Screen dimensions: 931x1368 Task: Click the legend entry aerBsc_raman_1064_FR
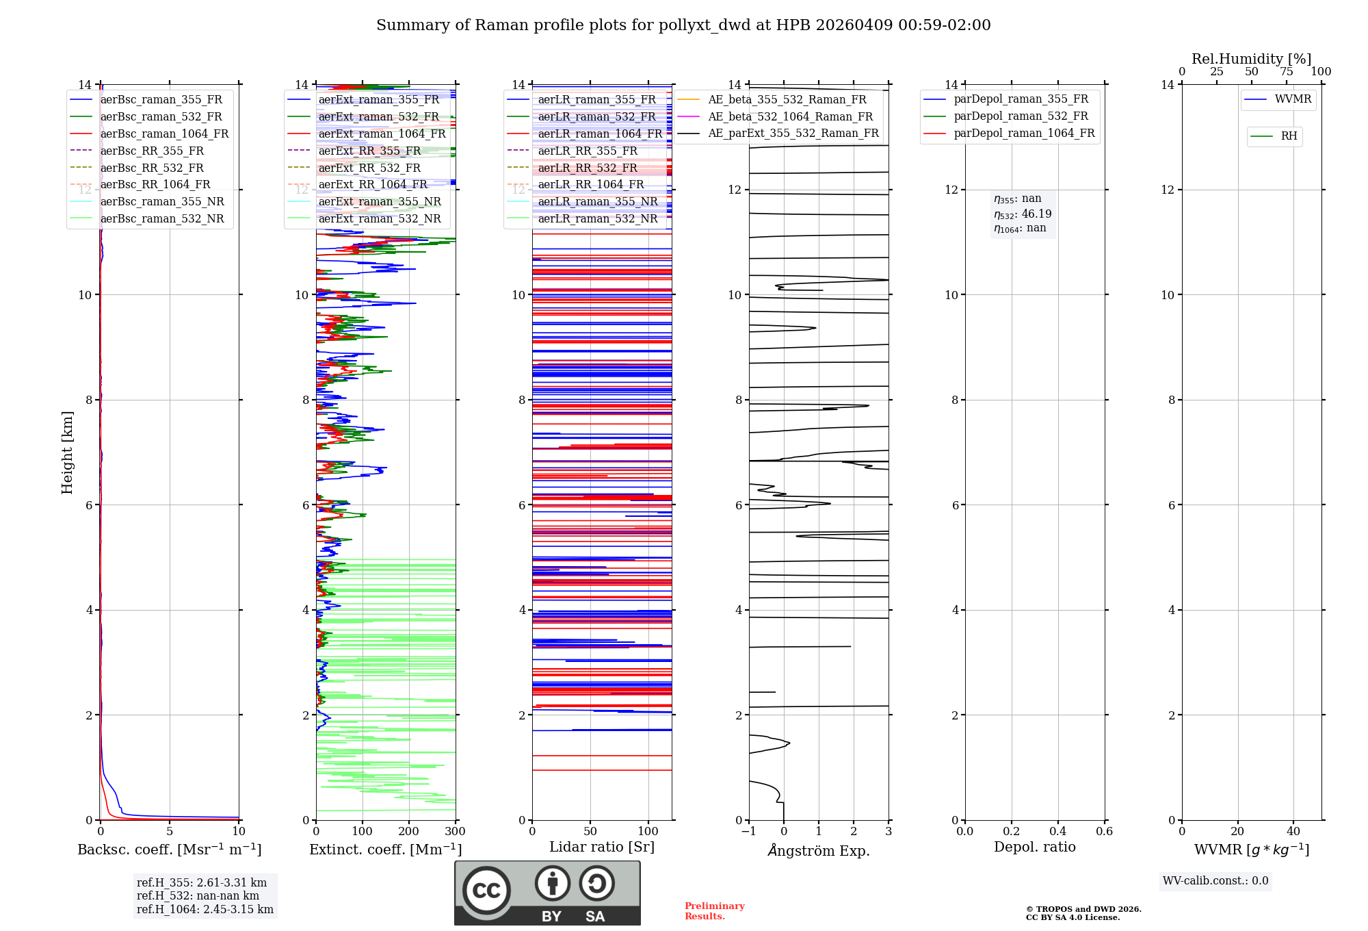pyautogui.click(x=164, y=134)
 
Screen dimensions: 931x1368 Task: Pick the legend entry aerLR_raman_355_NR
pyautogui.click(x=597, y=201)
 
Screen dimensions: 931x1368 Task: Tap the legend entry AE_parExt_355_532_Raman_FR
pyautogui.click(x=793, y=133)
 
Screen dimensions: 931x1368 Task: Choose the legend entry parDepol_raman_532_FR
pyautogui.click(x=1021, y=116)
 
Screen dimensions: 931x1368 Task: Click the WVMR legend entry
pyautogui.click(x=1293, y=99)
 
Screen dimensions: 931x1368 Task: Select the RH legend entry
pyautogui.click(x=1289, y=136)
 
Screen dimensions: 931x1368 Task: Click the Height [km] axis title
pyautogui.click(x=67, y=452)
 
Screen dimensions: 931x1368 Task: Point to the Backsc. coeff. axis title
pyautogui.click(x=169, y=850)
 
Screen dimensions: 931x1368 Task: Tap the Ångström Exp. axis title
pyautogui.click(x=819, y=850)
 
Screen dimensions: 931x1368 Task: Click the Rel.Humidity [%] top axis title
pyautogui.click(x=1251, y=59)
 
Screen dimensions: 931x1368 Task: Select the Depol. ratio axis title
pyautogui.click(x=1034, y=847)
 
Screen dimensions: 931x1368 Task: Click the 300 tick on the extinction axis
pyautogui.click(x=455, y=832)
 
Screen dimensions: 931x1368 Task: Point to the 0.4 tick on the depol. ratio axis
pyautogui.click(x=1057, y=832)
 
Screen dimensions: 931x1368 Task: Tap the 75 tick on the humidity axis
pyautogui.click(x=1286, y=72)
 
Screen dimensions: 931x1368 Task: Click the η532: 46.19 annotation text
pyautogui.click(x=1023, y=214)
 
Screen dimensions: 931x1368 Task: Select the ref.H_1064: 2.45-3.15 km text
pyautogui.click(x=205, y=910)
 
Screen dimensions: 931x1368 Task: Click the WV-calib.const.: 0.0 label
pyautogui.click(x=1215, y=881)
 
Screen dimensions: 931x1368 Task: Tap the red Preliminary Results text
pyautogui.click(x=714, y=911)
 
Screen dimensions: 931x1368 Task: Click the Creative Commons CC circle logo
pyautogui.click(x=486, y=891)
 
